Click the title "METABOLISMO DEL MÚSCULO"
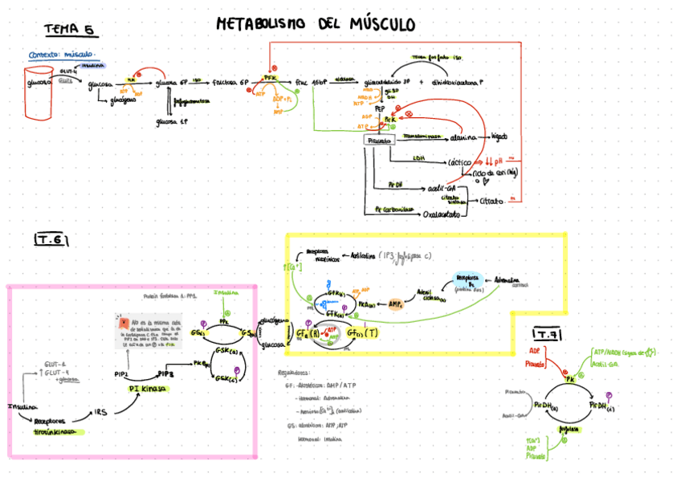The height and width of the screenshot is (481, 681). click(x=316, y=25)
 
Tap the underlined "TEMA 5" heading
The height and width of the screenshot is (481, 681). click(x=69, y=30)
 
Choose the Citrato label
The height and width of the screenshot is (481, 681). click(x=491, y=201)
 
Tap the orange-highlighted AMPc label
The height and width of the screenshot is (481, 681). click(x=395, y=305)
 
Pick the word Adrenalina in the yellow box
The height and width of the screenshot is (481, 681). click(x=511, y=280)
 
